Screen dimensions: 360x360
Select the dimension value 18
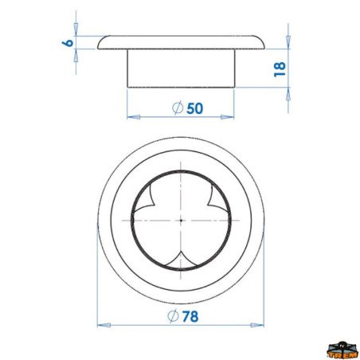tap(279, 68)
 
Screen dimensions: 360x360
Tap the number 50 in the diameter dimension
tap(194, 108)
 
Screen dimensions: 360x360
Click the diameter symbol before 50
tap(178, 108)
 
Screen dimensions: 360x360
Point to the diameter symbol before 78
tap(174, 315)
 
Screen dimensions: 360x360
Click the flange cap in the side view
tap(181, 42)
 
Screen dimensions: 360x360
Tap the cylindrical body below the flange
tap(181, 68)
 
